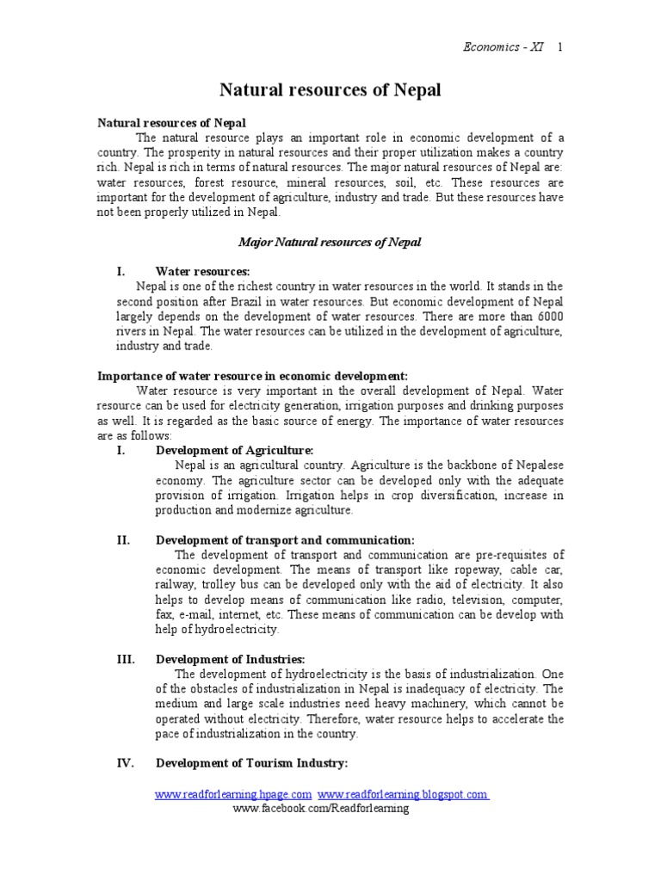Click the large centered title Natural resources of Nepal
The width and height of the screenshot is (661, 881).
pyautogui.click(x=330, y=90)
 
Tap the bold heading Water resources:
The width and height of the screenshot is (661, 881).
pyautogui.click(x=202, y=271)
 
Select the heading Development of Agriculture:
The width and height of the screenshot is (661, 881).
pyautogui.click(x=234, y=450)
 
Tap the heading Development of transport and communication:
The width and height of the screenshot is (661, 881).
pyautogui.click(x=285, y=539)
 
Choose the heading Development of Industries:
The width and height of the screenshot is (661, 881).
pyautogui.click(x=228, y=659)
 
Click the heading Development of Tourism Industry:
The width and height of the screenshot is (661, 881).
pyautogui.click(x=251, y=763)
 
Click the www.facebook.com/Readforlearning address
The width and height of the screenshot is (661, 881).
pyautogui.click(x=321, y=809)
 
